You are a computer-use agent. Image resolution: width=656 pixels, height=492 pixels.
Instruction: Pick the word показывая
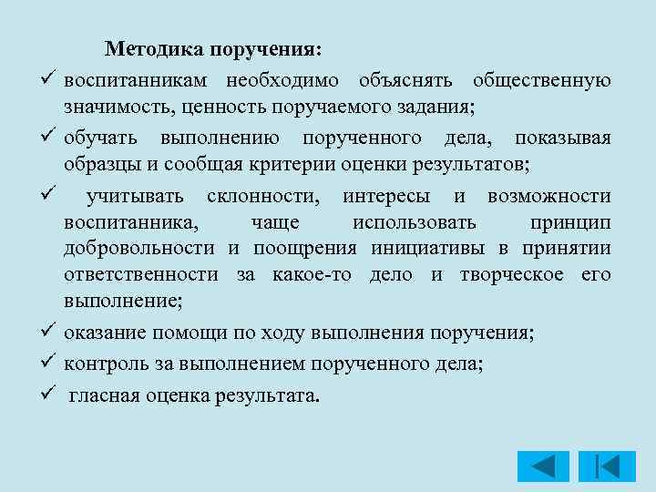tap(562, 138)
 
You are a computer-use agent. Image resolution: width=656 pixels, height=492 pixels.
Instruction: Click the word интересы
tap(386, 195)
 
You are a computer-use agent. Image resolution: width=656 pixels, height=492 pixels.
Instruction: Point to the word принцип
tap(570, 223)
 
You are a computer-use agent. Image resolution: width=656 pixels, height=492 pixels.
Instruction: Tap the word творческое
tap(505, 275)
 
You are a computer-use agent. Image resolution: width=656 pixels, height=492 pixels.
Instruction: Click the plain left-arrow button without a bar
tap(543, 466)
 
